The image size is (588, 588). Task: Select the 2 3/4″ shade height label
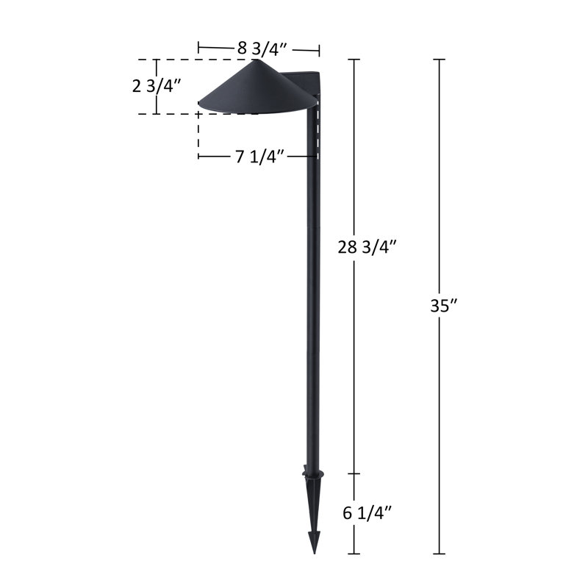pyautogui.click(x=157, y=86)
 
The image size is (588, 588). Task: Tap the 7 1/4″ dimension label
pyautogui.click(x=259, y=157)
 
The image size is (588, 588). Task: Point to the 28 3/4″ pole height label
pyautogui.click(x=367, y=247)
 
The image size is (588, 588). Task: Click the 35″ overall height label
pyautogui.click(x=444, y=306)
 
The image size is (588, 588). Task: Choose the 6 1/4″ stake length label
pyautogui.click(x=367, y=513)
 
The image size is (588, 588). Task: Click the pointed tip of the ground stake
pyautogui.click(x=315, y=553)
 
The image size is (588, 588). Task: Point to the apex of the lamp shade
pyautogui.click(x=258, y=60)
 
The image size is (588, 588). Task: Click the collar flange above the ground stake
pyautogui.click(x=314, y=473)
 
